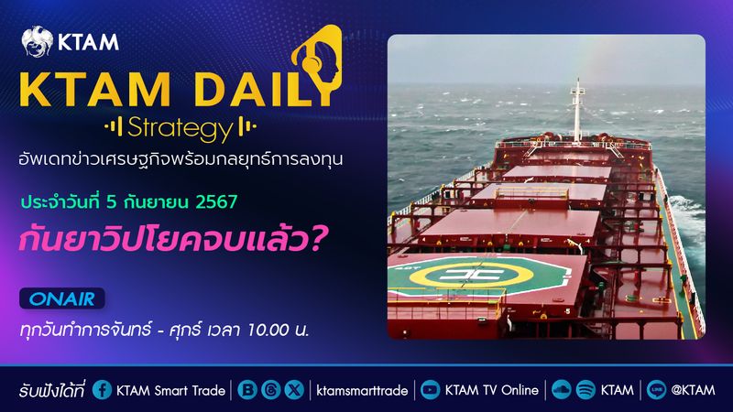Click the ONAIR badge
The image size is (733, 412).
point(63,298)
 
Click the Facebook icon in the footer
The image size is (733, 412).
point(102,390)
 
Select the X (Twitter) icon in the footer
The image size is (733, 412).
point(293,390)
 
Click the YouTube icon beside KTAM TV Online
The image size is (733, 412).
point(428,390)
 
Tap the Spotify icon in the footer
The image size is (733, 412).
point(586,390)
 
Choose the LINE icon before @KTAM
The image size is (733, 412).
point(657,390)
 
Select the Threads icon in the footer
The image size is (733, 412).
point(270,390)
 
